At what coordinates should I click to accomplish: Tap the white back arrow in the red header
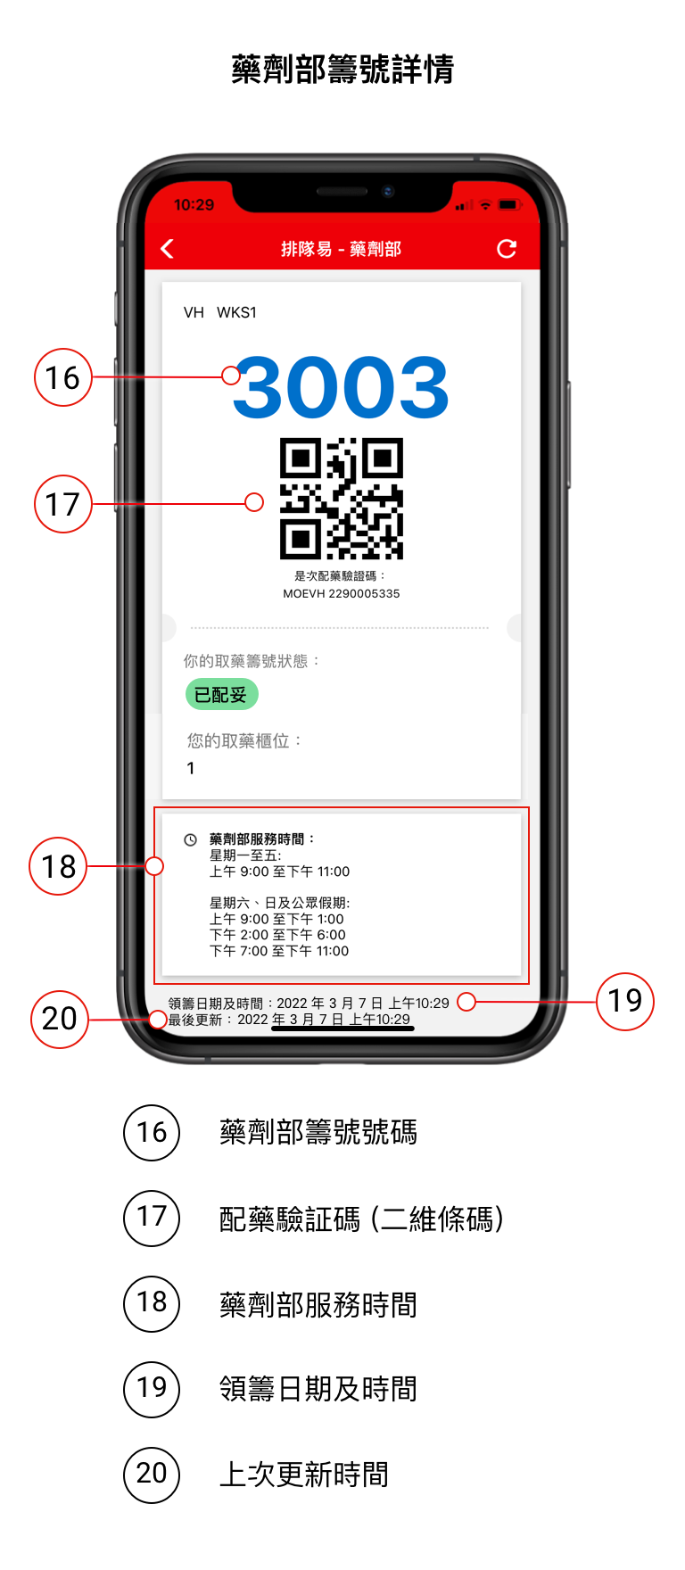[167, 249]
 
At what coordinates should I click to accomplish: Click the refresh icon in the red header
[507, 249]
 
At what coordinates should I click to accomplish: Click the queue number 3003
[341, 387]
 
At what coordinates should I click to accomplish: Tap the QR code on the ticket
[342, 499]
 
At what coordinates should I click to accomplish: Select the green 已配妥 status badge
[221, 694]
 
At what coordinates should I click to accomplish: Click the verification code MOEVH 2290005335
[342, 593]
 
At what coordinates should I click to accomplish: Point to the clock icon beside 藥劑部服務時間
[190, 839]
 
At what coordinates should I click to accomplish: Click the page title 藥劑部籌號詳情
[342, 69]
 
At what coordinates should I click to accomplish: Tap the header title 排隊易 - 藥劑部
[341, 249]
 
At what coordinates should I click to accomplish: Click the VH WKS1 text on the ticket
[220, 312]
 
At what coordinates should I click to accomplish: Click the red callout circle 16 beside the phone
[63, 377]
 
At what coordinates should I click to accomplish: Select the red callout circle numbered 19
[625, 1001]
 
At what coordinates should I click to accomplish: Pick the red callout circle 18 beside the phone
[59, 866]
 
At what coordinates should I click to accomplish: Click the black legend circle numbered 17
[152, 1218]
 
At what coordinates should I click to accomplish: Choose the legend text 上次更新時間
[304, 1475]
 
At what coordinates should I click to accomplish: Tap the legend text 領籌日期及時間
[318, 1389]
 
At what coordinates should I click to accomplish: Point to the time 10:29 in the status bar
[194, 205]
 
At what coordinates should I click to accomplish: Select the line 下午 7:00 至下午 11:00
[279, 951]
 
